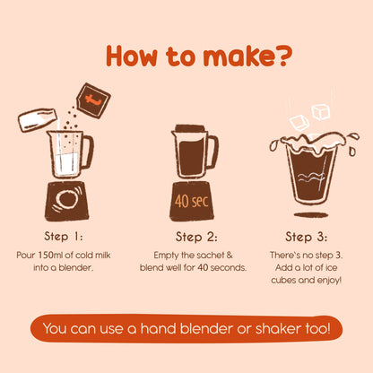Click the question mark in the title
click(x=283, y=56)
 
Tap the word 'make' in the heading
click(x=239, y=56)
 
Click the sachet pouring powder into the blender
click(x=93, y=100)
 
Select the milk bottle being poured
click(x=38, y=120)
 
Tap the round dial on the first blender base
click(x=66, y=199)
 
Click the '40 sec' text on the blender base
click(x=191, y=201)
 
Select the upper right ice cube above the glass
click(x=321, y=112)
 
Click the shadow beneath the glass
click(x=311, y=214)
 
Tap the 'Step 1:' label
click(x=64, y=237)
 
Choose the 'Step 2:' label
click(x=196, y=237)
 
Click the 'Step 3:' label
click(x=306, y=237)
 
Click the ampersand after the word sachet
click(x=230, y=255)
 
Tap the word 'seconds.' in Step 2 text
click(x=229, y=267)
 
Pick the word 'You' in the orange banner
click(x=55, y=328)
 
